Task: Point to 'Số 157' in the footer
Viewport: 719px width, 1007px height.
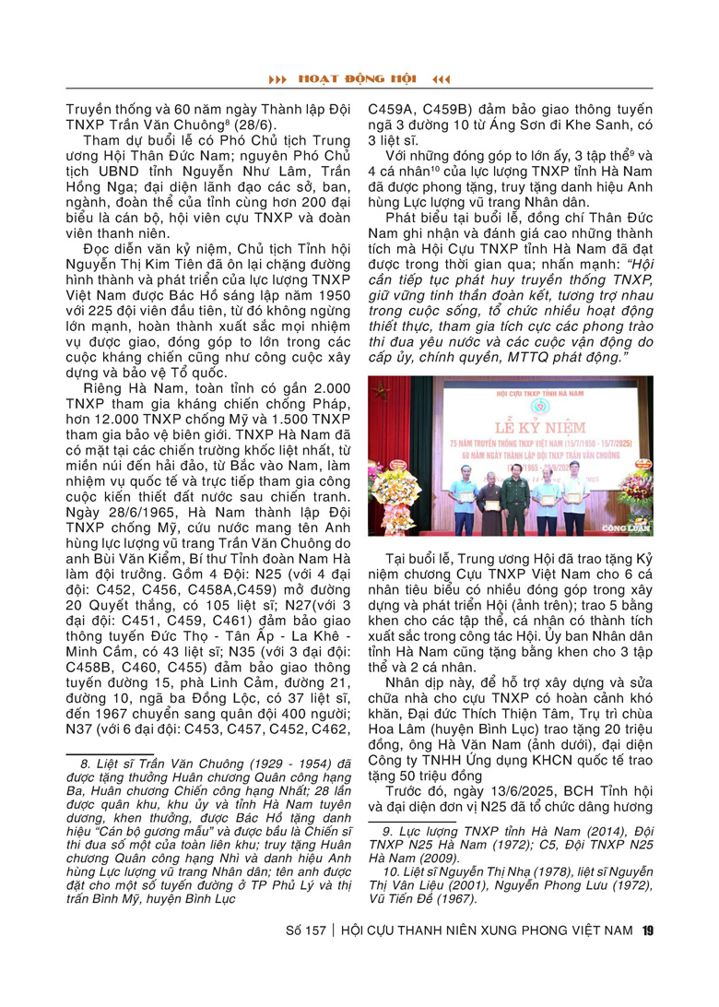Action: (304, 930)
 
